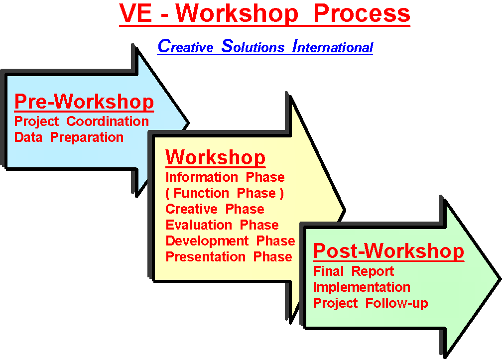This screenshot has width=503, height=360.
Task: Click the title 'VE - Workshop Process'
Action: coord(264,13)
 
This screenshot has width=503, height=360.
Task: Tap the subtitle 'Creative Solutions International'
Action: coord(265,46)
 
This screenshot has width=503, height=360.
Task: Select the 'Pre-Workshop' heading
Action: coord(84,102)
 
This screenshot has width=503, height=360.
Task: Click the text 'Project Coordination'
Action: coord(82,121)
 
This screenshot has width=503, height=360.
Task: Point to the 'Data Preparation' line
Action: coord(69,137)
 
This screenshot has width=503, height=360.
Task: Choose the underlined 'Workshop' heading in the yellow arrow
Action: coord(215,157)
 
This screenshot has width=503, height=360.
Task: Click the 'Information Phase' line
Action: coord(225,177)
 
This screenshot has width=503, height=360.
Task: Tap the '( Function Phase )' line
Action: coord(225,193)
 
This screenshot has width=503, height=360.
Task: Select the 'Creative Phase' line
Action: coord(215,209)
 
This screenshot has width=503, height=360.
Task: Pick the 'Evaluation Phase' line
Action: coord(222,225)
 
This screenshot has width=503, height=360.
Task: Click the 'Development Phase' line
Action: coord(230,241)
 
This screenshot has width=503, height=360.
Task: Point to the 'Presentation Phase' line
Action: coord(229,257)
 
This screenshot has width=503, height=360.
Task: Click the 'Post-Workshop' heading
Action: coord(388,251)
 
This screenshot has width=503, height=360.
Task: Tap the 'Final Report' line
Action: coord(353,271)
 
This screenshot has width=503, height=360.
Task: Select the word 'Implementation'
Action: coord(362,287)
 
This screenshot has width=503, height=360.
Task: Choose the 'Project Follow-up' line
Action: coord(371,303)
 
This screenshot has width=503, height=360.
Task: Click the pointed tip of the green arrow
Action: coord(500,279)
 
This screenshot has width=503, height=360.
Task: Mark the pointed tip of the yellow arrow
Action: coord(344,210)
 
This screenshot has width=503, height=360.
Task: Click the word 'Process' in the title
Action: coord(362,13)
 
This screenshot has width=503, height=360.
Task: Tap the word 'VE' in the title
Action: coord(135,13)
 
